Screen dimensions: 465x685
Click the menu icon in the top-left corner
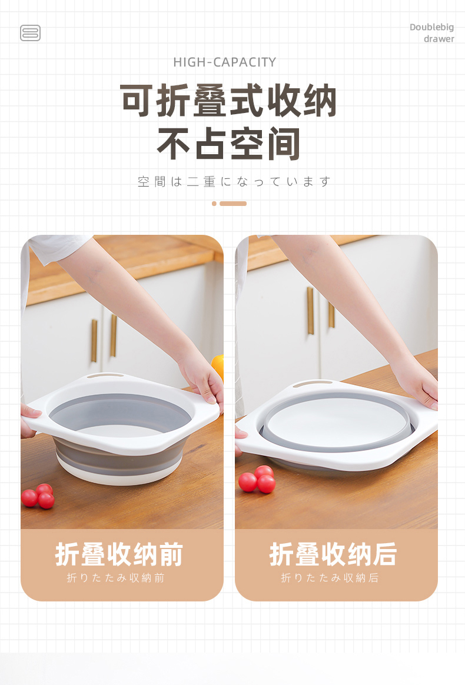(x=30, y=33)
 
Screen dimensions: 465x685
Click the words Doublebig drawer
(x=432, y=33)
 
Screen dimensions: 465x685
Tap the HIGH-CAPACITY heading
(x=225, y=62)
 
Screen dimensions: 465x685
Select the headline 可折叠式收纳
(x=228, y=101)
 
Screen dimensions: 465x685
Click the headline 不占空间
(x=228, y=143)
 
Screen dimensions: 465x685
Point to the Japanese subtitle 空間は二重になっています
(x=234, y=181)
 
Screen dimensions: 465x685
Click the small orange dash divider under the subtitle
(x=229, y=204)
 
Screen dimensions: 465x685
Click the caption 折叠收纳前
(x=119, y=554)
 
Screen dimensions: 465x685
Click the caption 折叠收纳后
(x=333, y=554)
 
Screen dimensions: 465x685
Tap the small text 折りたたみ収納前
(x=116, y=578)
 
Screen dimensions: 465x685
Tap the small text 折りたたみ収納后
(x=330, y=578)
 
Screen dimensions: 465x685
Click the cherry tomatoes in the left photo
(x=38, y=496)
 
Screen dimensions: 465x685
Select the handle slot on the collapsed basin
(x=312, y=384)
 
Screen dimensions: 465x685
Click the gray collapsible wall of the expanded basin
(x=118, y=458)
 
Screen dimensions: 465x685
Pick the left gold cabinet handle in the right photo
(x=310, y=310)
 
